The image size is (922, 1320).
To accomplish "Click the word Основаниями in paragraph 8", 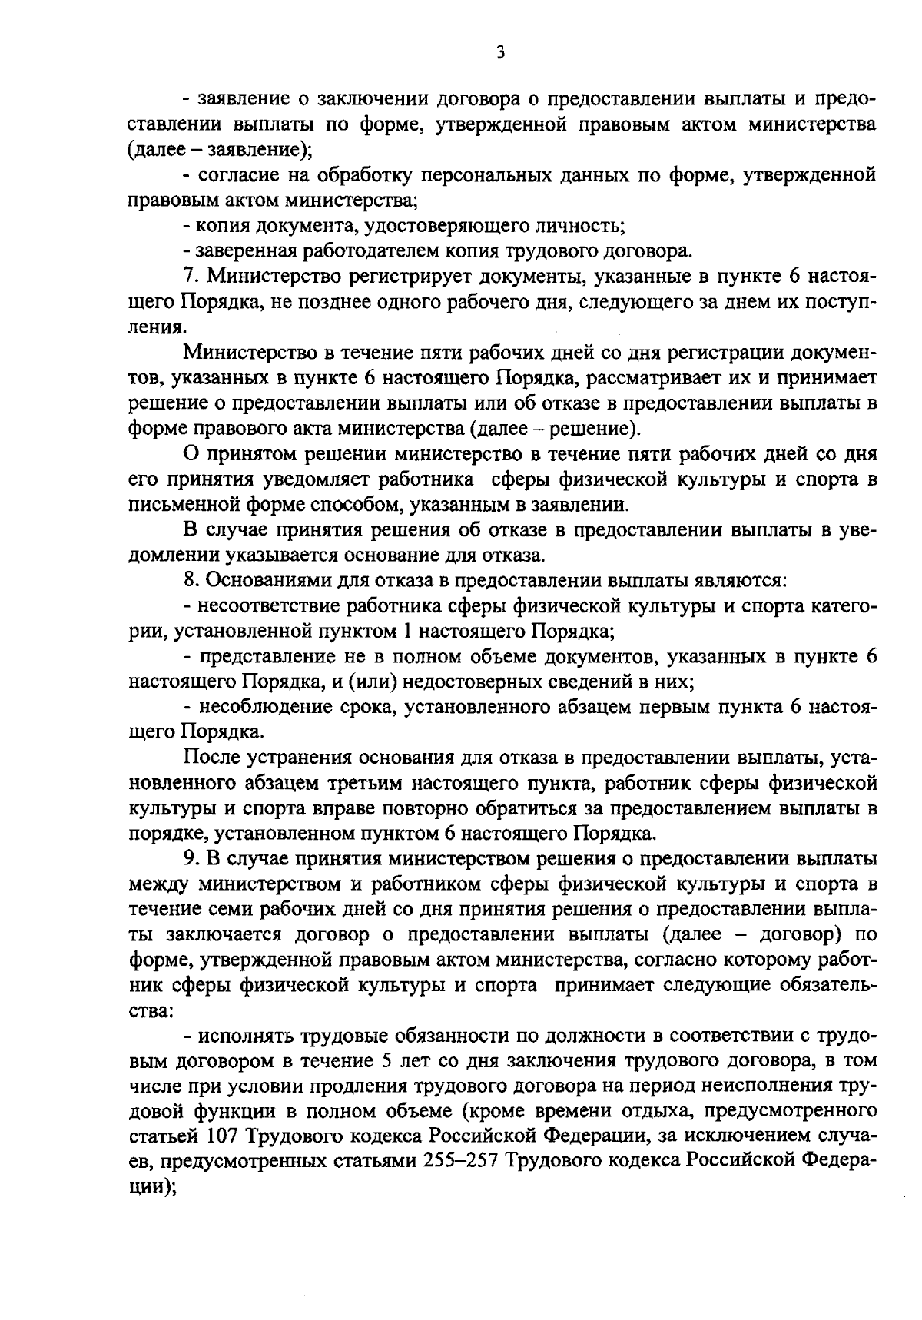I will point(260,580).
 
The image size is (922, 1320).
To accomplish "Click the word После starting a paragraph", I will point(212,758).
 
